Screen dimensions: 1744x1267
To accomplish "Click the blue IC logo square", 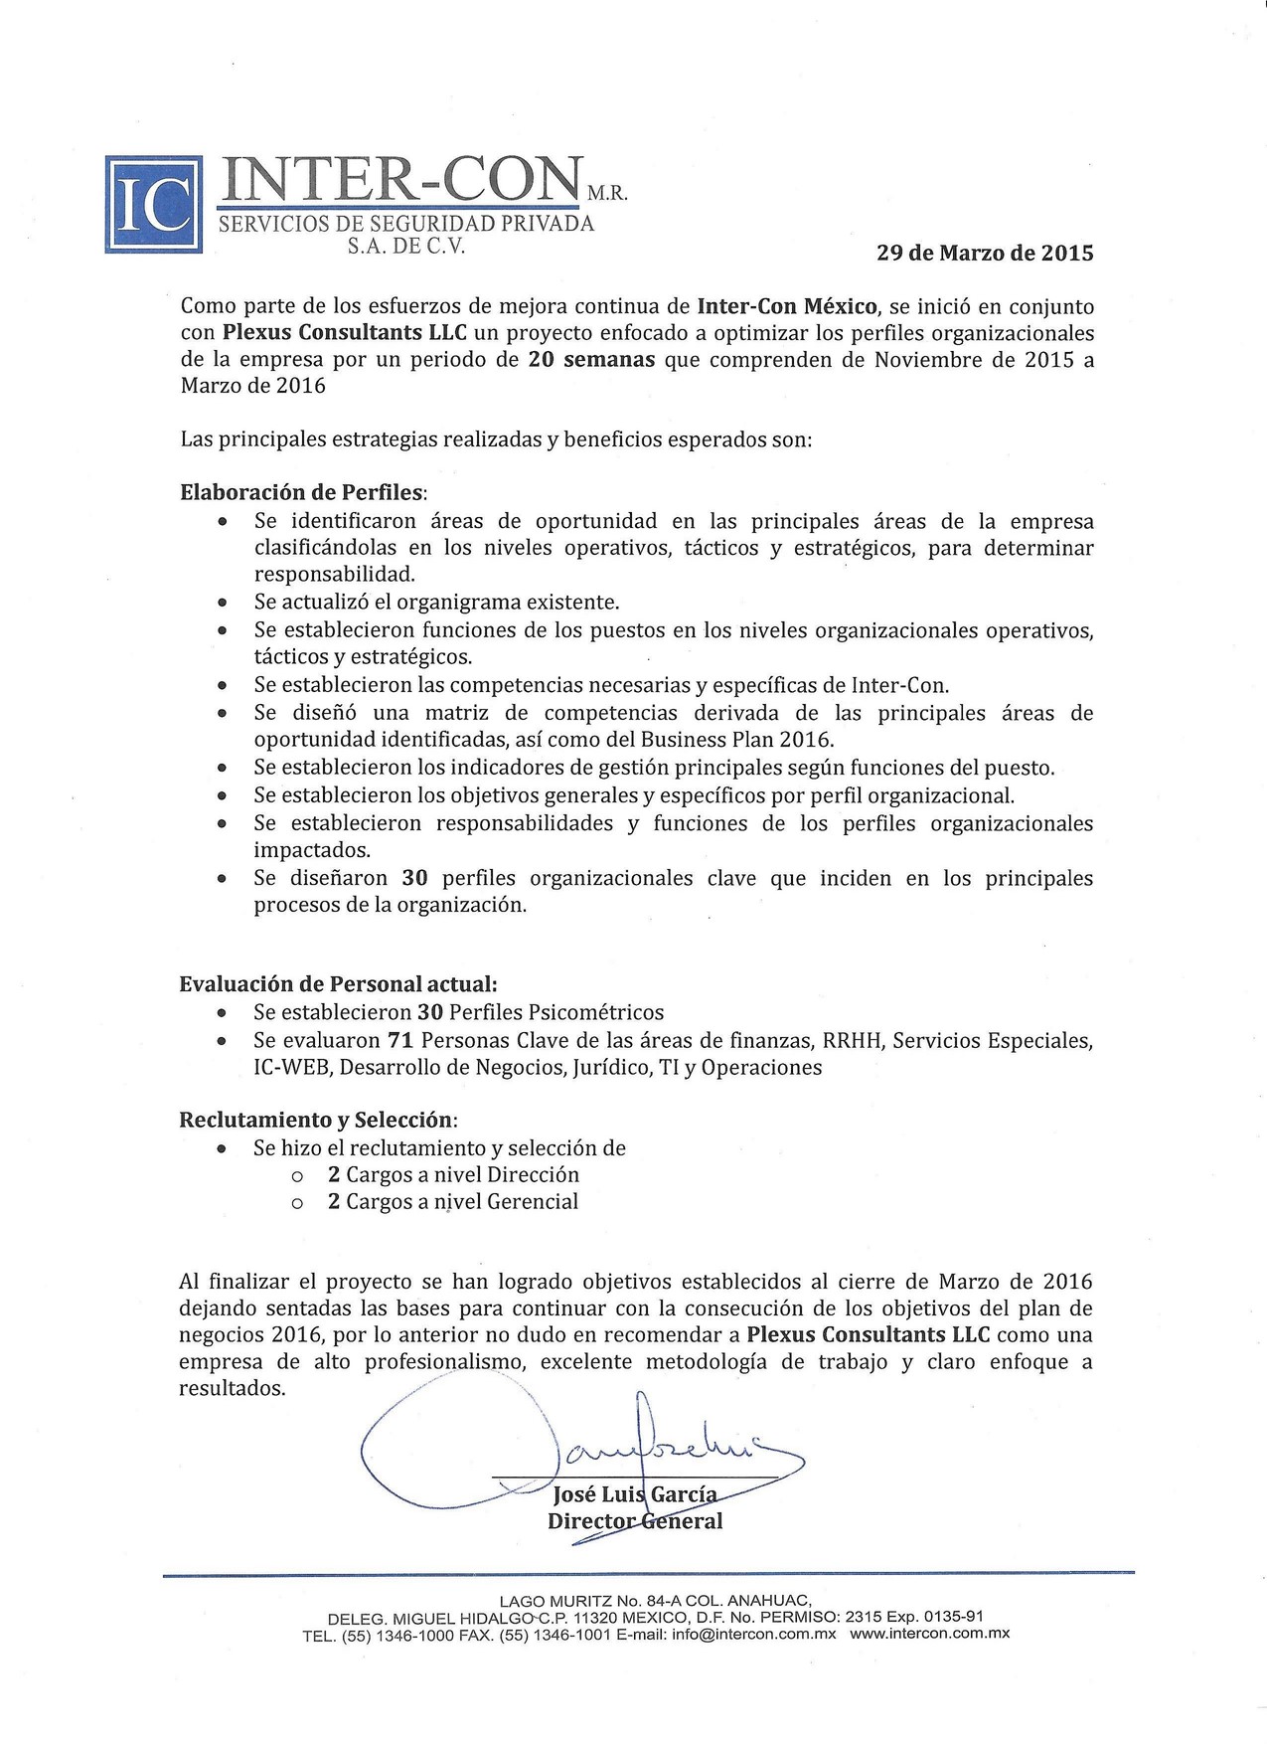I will click(x=154, y=204).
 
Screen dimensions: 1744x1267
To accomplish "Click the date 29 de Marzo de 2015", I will click(x=984, y=253).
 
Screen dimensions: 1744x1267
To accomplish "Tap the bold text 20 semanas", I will click(x=591, y=359).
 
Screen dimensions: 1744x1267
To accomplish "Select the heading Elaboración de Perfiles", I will click(x=302, y=492).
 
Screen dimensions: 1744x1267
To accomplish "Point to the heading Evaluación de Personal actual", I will click(x=338, y=984).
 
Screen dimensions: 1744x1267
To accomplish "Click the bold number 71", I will click(x=397, y=1040).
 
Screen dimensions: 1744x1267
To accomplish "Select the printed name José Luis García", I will click(x=633, y=1494).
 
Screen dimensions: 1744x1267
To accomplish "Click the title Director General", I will click(x=635, y=1521).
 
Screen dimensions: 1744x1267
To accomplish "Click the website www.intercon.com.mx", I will click(x=930, y=1633).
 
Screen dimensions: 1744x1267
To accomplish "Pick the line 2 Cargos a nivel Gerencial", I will click(x=453, y=1201).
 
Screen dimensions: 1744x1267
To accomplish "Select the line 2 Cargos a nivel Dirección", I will click(x=453, y=1174).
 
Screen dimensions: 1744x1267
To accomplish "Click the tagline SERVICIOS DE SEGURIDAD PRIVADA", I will click(x=406, y=224).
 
